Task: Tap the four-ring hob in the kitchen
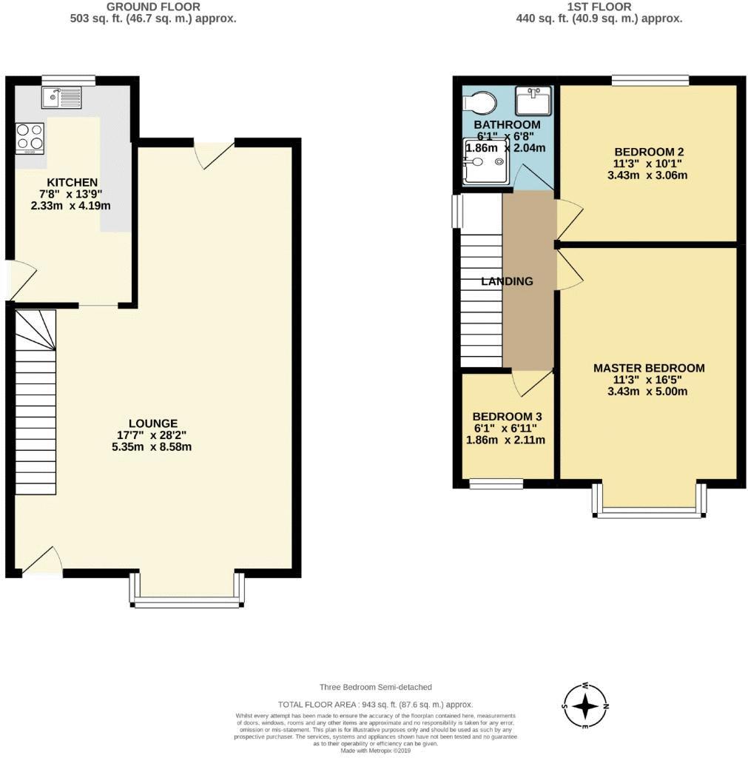pos(30,138)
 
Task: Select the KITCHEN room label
pos(72,182)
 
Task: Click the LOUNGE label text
pos(153,423)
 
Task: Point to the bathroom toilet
pos(482,100)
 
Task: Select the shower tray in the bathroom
pos(485,161)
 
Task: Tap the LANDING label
pos(507,281)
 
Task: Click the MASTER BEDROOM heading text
pos(649,368)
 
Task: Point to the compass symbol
pos(585,706)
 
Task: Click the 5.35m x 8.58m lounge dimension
pos(153,447)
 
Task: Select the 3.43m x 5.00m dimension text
pos(649,392)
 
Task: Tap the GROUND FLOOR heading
pos(153,7)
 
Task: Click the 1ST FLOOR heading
pos(599,7)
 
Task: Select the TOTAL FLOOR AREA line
pos(375,705)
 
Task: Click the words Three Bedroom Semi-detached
pos(375,688)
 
